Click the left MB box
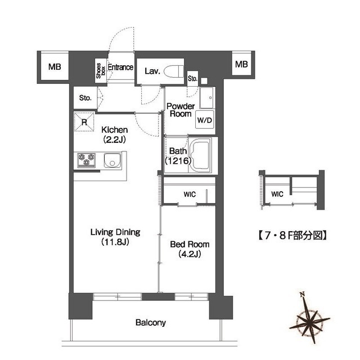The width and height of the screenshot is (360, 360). tap(54, 66)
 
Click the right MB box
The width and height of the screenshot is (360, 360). tap(241, 64)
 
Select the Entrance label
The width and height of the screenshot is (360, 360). tap(120, 68)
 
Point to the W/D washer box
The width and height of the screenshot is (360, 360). tap(203, 120)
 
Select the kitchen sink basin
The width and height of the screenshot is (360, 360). tap(112, 164)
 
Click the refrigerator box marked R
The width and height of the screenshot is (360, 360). tap(84, 121)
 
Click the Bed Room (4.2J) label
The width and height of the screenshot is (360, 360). tap(190, 249)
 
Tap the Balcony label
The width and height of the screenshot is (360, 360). tap(151, 323)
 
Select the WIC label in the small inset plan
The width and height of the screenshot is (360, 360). tap(277, 194)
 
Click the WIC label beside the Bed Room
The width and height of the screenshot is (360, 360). tap(190, 195)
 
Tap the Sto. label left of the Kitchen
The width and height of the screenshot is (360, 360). tap(85, 97)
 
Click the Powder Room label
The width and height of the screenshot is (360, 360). tap(181, 110)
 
